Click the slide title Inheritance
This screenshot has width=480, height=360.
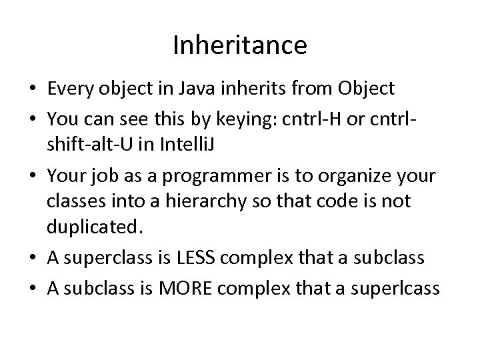tap(240, 45)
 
